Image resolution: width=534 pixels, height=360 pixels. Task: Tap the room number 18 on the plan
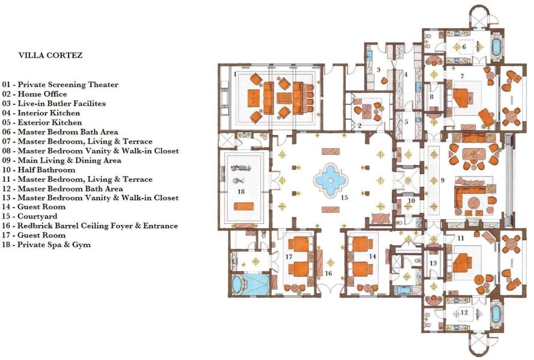point(241,192)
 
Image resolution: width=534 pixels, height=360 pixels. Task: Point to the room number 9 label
point(442,180)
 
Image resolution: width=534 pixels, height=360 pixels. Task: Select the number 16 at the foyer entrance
point(328,274)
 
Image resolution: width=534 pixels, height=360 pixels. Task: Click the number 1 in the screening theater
point(235,74)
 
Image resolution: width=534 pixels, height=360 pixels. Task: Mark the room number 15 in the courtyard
point(344,197)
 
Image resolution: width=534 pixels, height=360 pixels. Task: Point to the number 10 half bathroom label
point(412,201)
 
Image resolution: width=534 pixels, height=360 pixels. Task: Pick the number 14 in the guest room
point(373,256)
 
